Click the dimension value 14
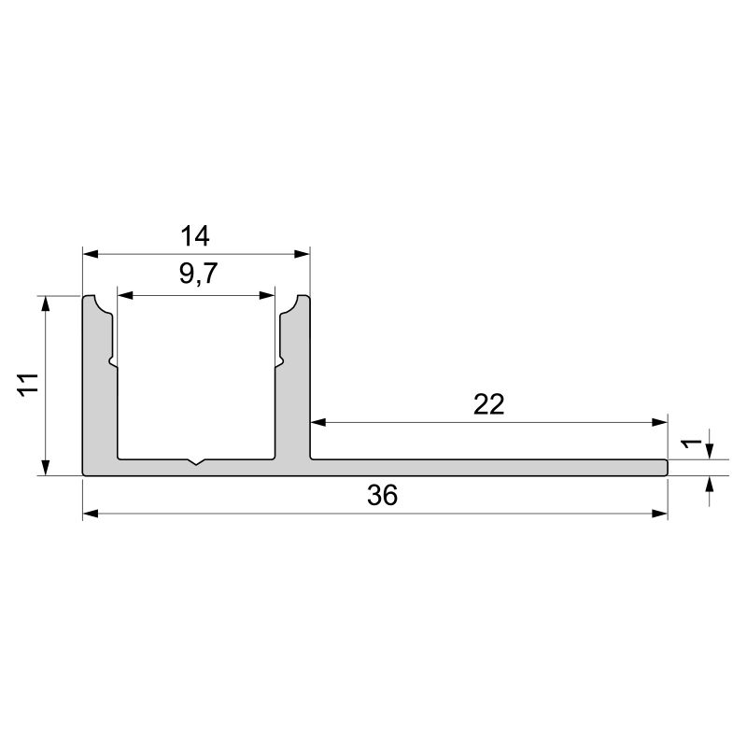coord(196,234)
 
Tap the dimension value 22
coord(489,404)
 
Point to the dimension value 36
coord(382,496)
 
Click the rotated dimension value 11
coord(27,384)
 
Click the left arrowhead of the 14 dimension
coord(90,253)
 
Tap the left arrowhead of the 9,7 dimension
coord(122,295)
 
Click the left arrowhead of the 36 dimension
coord(90,514)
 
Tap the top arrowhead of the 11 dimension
coord(46,302)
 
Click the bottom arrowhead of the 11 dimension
coord(46,470)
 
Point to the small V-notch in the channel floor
coord(196,461)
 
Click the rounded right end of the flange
coord(666,467)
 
